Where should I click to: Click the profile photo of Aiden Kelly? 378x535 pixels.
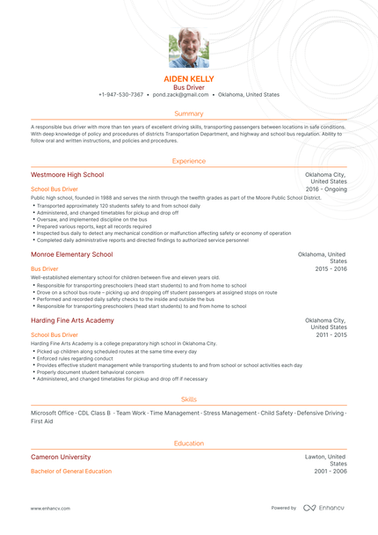[188, 48]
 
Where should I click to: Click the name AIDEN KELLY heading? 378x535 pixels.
[189, 79]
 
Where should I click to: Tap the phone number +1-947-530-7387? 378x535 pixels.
[120, 94]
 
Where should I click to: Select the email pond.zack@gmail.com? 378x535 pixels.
[182, 94]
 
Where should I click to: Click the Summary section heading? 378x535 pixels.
[189, 114]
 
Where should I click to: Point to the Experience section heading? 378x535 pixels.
[189, 161]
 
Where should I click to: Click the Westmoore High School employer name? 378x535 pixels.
[67, 175]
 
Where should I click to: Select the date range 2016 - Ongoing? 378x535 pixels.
[326, 189]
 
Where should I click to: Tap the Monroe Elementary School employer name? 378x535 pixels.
[71, 254]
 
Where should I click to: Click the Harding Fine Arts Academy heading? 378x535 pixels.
[72, 321]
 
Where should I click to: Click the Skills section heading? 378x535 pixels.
[189, 399]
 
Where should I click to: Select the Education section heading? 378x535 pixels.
[189, 443]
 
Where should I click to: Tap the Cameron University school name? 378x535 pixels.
[61, 458]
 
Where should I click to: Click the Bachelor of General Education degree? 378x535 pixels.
[71, 472]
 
